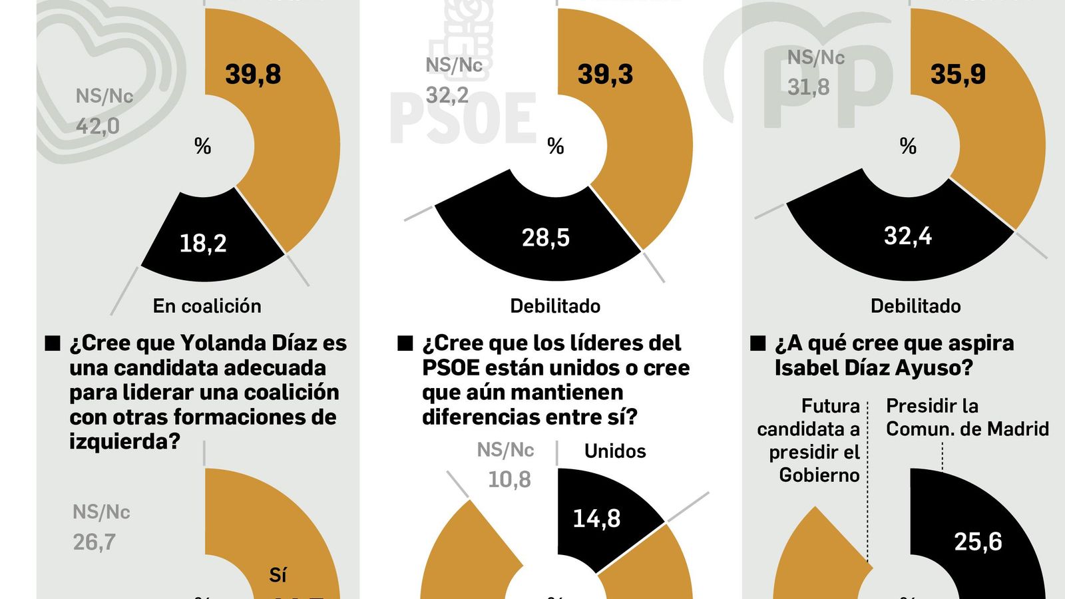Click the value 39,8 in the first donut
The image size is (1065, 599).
253,74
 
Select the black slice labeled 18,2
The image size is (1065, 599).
204,243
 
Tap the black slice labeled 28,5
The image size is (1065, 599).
545,238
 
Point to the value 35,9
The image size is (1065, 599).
958,74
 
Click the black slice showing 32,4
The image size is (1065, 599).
907,236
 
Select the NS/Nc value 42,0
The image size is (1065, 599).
97,126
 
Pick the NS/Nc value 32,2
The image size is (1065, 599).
447,95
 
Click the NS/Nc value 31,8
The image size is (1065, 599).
808,87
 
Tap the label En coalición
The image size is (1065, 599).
207,306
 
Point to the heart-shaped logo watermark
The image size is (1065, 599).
106,73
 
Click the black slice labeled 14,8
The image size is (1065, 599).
596,518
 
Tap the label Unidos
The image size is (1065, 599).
615,451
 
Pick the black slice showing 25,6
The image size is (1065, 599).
978,542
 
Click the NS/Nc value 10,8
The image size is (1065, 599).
509,479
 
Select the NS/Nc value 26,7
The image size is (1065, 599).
94,542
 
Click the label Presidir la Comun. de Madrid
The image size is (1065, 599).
966,417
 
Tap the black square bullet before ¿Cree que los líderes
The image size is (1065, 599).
405,343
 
